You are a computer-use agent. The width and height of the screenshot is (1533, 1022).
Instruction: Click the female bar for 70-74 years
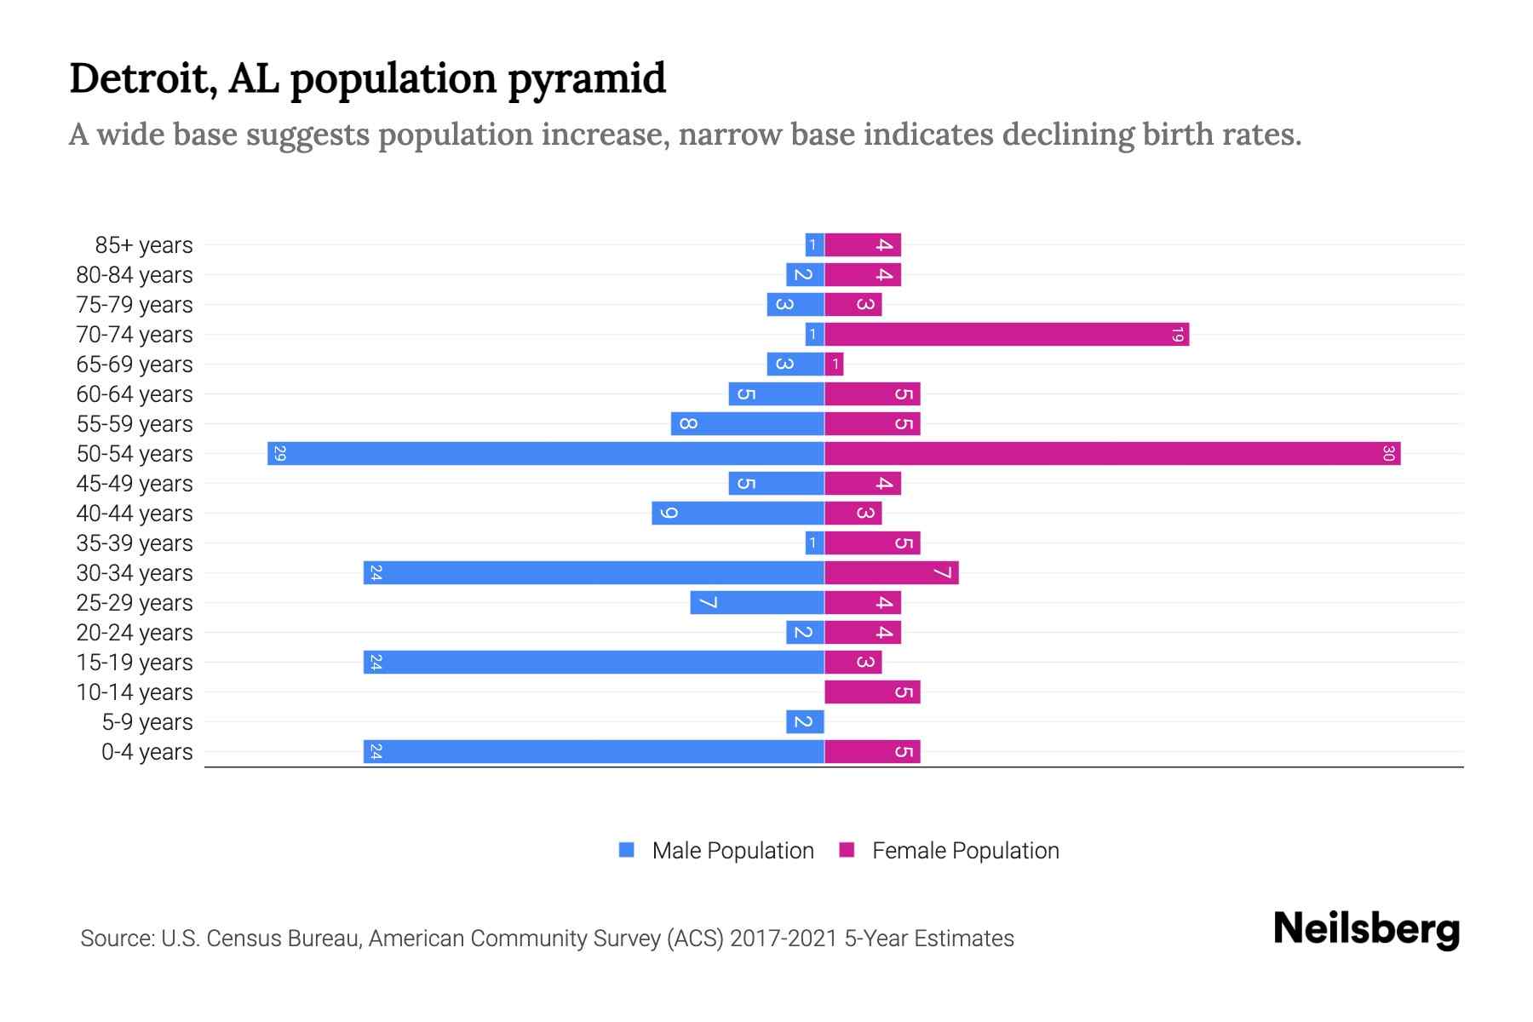click(x=1007, y=335)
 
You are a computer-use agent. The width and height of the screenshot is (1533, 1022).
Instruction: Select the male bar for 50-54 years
click(x=545, y=454)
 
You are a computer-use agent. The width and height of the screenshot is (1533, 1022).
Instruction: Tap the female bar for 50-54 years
click(x=1112, y=454)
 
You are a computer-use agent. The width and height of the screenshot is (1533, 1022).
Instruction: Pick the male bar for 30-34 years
click(x=594, y=573)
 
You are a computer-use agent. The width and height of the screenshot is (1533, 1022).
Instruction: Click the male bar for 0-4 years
click(x=594, y=752)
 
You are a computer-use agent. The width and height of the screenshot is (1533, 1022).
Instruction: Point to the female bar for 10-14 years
click(x=872, y=692)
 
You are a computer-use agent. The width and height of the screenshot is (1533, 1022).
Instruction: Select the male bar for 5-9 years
click(x=805, y=722)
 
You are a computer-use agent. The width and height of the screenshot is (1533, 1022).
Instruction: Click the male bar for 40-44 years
click(x=738, y=514)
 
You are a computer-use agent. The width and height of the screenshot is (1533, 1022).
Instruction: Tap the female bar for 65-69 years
click(x=834, y=365)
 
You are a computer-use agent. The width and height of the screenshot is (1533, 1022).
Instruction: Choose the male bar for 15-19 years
click(x=594, y=663)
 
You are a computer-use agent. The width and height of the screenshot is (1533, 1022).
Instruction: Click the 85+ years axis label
click(x=144, y=245)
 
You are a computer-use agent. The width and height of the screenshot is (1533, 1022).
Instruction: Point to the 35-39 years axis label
click(x=135, y=543)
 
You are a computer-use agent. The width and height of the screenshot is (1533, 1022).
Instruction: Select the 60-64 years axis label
click(x=135, y=394)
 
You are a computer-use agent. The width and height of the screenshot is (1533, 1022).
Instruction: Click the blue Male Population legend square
click(x=627, y=850)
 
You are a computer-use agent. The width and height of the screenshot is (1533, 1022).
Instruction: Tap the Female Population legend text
click(x=965, y=851)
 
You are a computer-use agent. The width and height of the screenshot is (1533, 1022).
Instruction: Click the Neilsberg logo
click(x=1366, y=929)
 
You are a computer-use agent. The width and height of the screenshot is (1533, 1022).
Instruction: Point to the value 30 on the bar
click(x=1388, y=454)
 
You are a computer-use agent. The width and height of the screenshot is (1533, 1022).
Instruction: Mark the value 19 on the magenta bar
click(x=1177, y=335)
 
